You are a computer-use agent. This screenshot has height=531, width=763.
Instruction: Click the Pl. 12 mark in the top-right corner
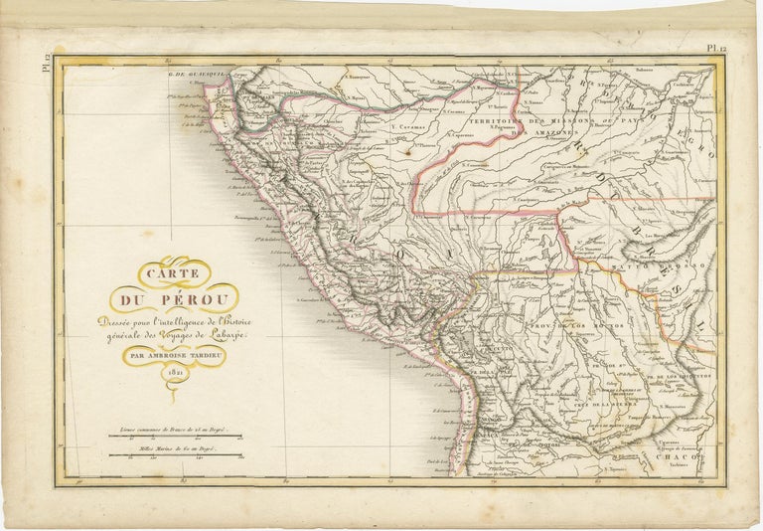(x=717, y=47)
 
